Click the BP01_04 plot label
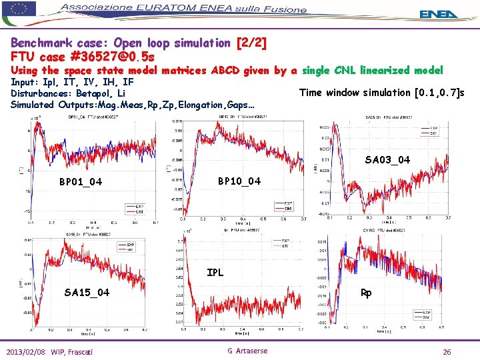click(81, 182)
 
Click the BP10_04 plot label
click(240, 181)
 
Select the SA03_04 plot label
click(387, 159)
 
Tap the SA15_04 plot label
click(87, 292)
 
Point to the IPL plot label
click(215, 272)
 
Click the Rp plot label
click(366, 292)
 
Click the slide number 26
click(447, 351)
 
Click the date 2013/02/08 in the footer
click(27, 351)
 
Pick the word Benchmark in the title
click(41, 43)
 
